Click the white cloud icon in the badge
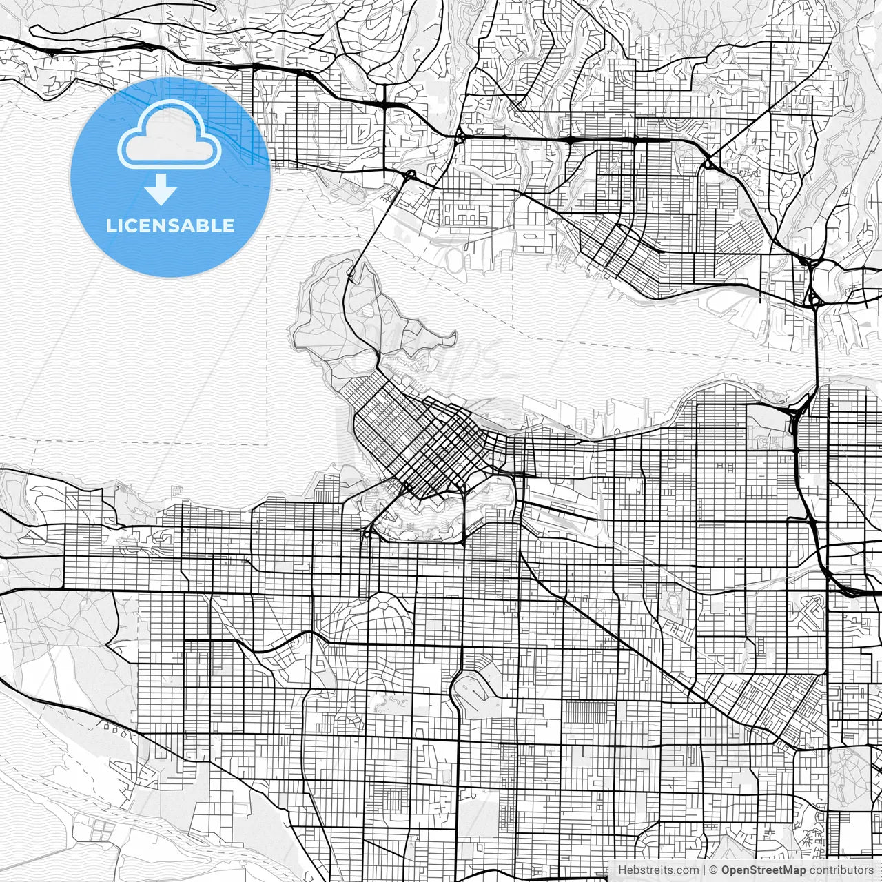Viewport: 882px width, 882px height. [x=170, y=136]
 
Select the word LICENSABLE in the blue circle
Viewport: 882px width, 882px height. [x=170, y=225]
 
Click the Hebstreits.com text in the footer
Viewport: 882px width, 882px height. [x=658, y=870]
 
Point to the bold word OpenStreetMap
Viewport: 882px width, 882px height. [x=763, y=870]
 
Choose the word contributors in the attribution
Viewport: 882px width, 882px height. [x=841, y=870]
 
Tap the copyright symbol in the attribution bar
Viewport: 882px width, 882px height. [x=714, y=870]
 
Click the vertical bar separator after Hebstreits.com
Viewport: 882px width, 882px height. [x=704, y=870]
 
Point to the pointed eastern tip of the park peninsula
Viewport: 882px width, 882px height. [x=453, y=337]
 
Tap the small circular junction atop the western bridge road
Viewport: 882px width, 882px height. [x=410, y=174]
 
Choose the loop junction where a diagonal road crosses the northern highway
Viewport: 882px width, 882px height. [x=708, y=164]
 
